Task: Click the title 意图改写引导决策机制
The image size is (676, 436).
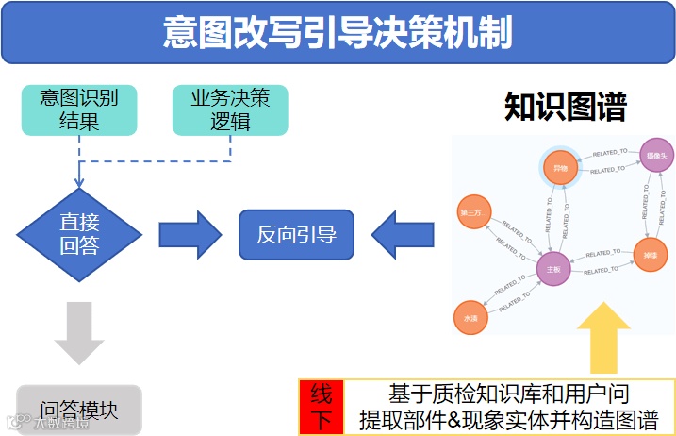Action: [x=337, y=32]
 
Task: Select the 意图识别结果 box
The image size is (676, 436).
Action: [x=79, y=109]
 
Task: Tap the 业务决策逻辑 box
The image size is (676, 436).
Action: [x=230, y=109]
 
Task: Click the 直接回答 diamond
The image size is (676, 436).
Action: [x=79, y=234]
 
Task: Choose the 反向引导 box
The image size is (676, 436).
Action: [x=296, y=234]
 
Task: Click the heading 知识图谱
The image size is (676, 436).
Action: [x=565, y=107]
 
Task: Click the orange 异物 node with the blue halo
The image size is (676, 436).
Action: [x=560, y=168]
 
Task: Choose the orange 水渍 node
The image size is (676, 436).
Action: [x=470, y=318]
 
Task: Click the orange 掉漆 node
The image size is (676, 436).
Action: [x=650, y=255]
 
